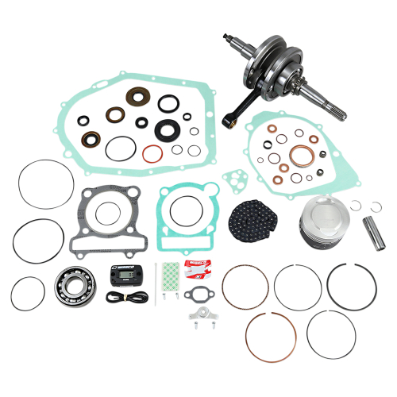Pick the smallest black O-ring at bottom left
coord(29,294)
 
